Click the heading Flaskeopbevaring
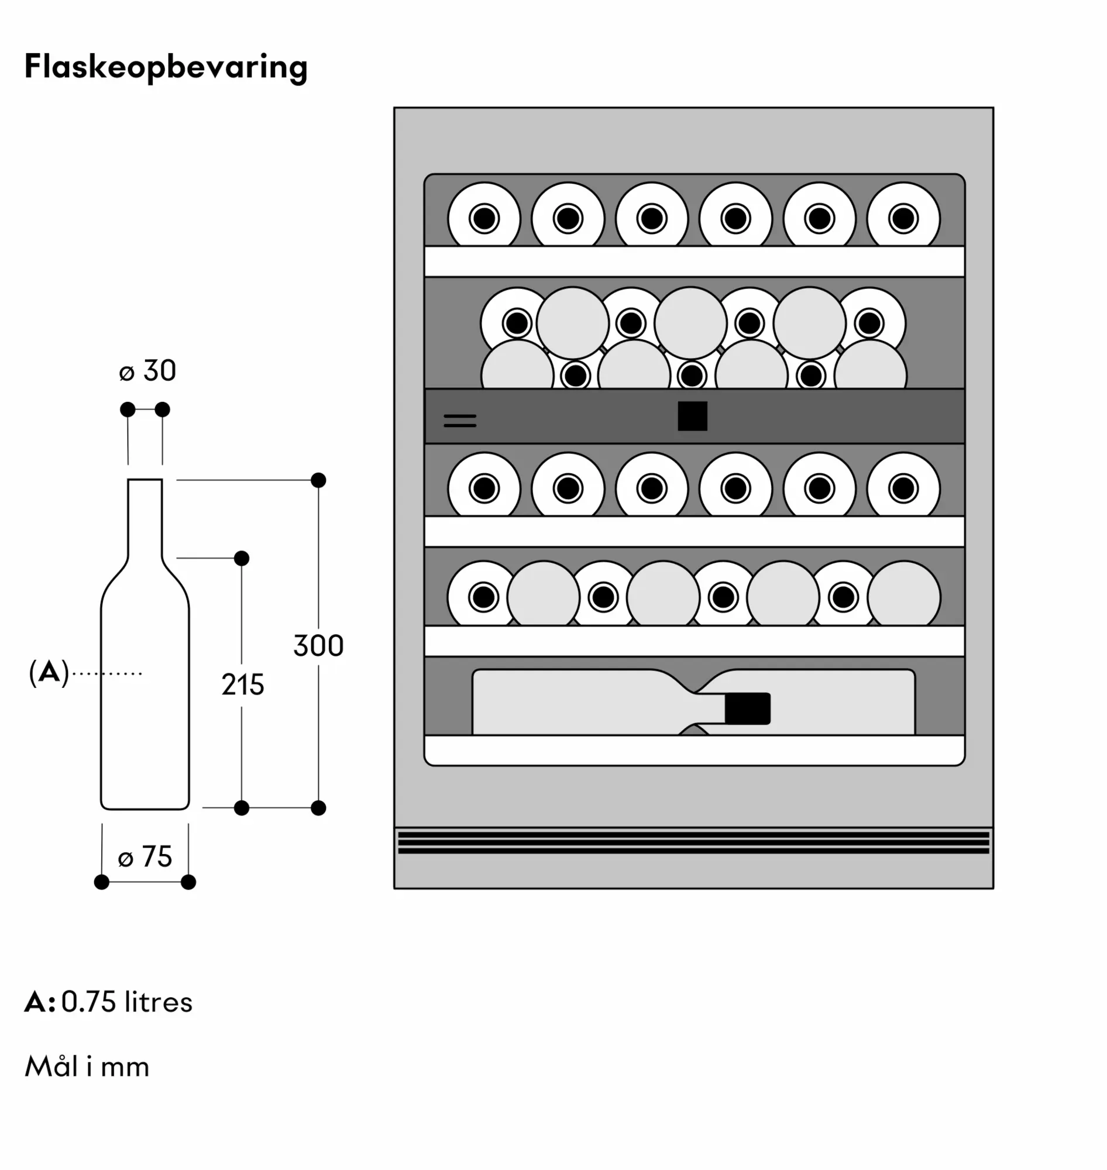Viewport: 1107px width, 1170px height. [x=166, y=67]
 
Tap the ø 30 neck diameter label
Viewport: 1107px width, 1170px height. [x=147, y=371]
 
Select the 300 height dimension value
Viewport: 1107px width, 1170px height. [x=319, y=645]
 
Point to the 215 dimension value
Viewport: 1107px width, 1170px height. [x=243, y=685]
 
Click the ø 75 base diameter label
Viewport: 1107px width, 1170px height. [x=145, y=856]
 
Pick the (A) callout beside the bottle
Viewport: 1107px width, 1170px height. [x=49, y=673]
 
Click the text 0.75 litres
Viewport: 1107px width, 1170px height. [x=127, y=1003]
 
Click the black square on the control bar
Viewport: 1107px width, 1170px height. [x=692, y=417]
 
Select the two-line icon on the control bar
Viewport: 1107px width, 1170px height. [x=460, y=421]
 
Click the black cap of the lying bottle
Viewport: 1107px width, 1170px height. [x=747, y=708]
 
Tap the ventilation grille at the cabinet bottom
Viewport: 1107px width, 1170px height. [x=693, y=843]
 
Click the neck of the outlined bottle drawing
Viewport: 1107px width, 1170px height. [x=145, y=517]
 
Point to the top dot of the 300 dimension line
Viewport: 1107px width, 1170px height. [x=319, y=480]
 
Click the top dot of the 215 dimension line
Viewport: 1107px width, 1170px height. [x=242, y=558]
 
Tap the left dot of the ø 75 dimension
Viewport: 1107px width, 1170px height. [x=101, y=882]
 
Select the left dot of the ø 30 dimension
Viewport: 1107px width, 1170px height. [x=128, y=409]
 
